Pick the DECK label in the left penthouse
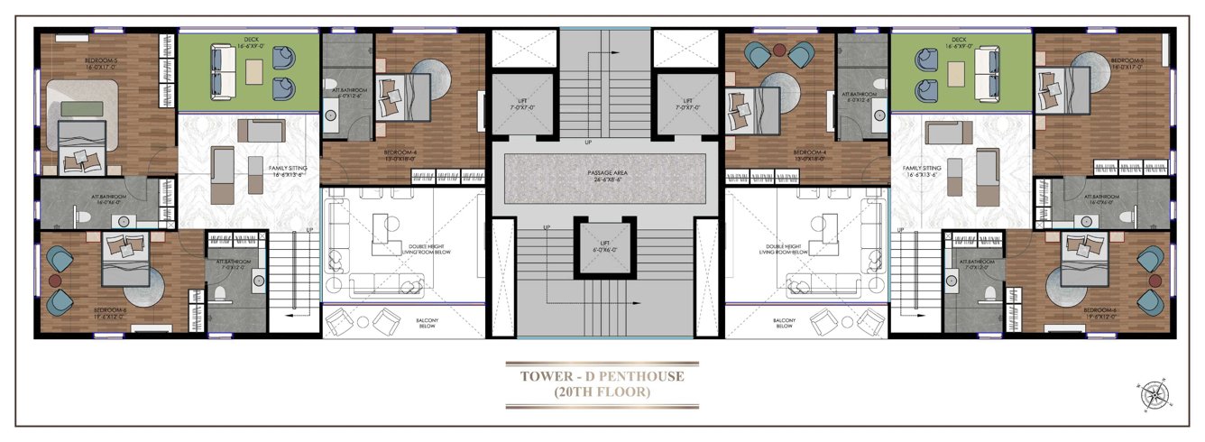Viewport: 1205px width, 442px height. point(250,40)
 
